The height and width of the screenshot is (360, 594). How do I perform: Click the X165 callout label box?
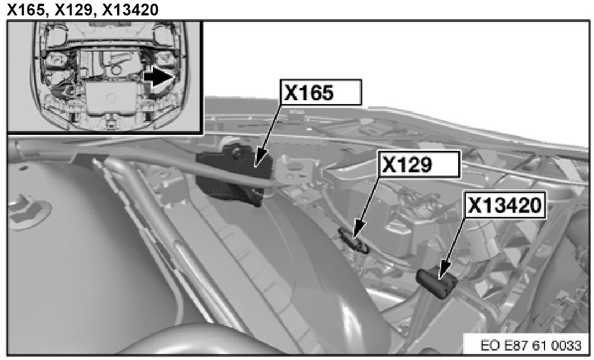[321, 92]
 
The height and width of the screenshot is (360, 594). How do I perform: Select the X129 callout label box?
[419, 164]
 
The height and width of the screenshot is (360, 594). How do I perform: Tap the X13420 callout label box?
[505, 205]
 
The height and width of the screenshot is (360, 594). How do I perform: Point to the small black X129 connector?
[354, 240]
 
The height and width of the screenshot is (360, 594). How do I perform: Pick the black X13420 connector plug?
[436, 282]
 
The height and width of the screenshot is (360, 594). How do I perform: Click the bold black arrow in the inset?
[159, 77]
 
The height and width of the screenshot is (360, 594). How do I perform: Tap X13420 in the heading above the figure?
[130, 9]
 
